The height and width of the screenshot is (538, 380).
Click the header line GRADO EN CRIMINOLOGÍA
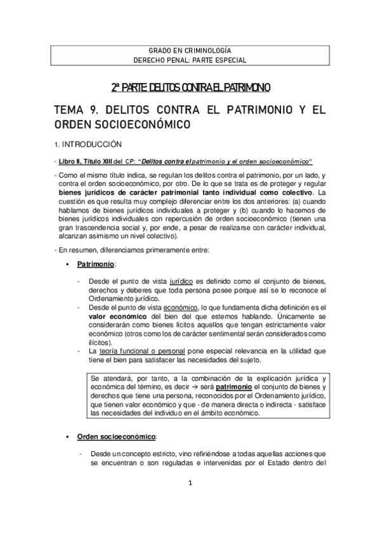(x=190, y=49)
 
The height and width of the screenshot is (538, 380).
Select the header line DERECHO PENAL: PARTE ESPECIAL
(x=190, y=60)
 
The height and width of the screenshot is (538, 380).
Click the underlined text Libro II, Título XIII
(x=83, y=162)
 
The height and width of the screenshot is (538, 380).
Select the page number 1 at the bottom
(x=190, y=501)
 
